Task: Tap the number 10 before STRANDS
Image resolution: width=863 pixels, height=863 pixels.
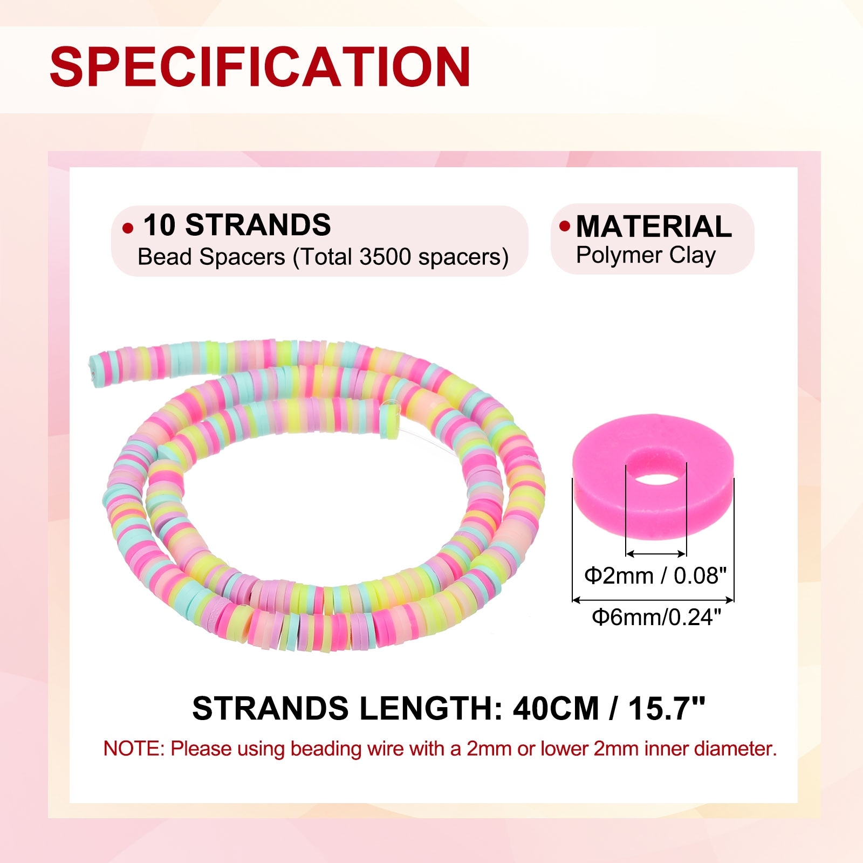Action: (x=159, y=225)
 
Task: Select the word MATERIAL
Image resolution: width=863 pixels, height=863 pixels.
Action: (x=654, y=226)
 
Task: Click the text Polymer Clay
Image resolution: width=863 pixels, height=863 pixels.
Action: (x=646, y=255)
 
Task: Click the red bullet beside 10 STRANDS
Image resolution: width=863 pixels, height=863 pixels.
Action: (x=128, y=228)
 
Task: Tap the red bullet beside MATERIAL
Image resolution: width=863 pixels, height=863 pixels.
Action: (x=565, y=226)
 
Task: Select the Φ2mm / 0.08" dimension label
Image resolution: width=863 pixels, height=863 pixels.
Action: (x=655, y=576)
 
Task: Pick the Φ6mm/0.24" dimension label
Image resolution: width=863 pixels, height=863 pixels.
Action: (x=656, y=617)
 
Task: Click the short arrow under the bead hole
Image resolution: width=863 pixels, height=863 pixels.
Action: (x=656, y=553)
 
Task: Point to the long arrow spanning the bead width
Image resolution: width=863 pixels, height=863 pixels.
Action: (x=653, y=599)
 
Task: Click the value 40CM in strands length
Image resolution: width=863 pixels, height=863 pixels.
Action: (x=556, y=708)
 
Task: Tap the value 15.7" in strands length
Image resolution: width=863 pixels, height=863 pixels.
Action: (x=667, y=708)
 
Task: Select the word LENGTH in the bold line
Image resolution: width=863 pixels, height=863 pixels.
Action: (x=426, y=708)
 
